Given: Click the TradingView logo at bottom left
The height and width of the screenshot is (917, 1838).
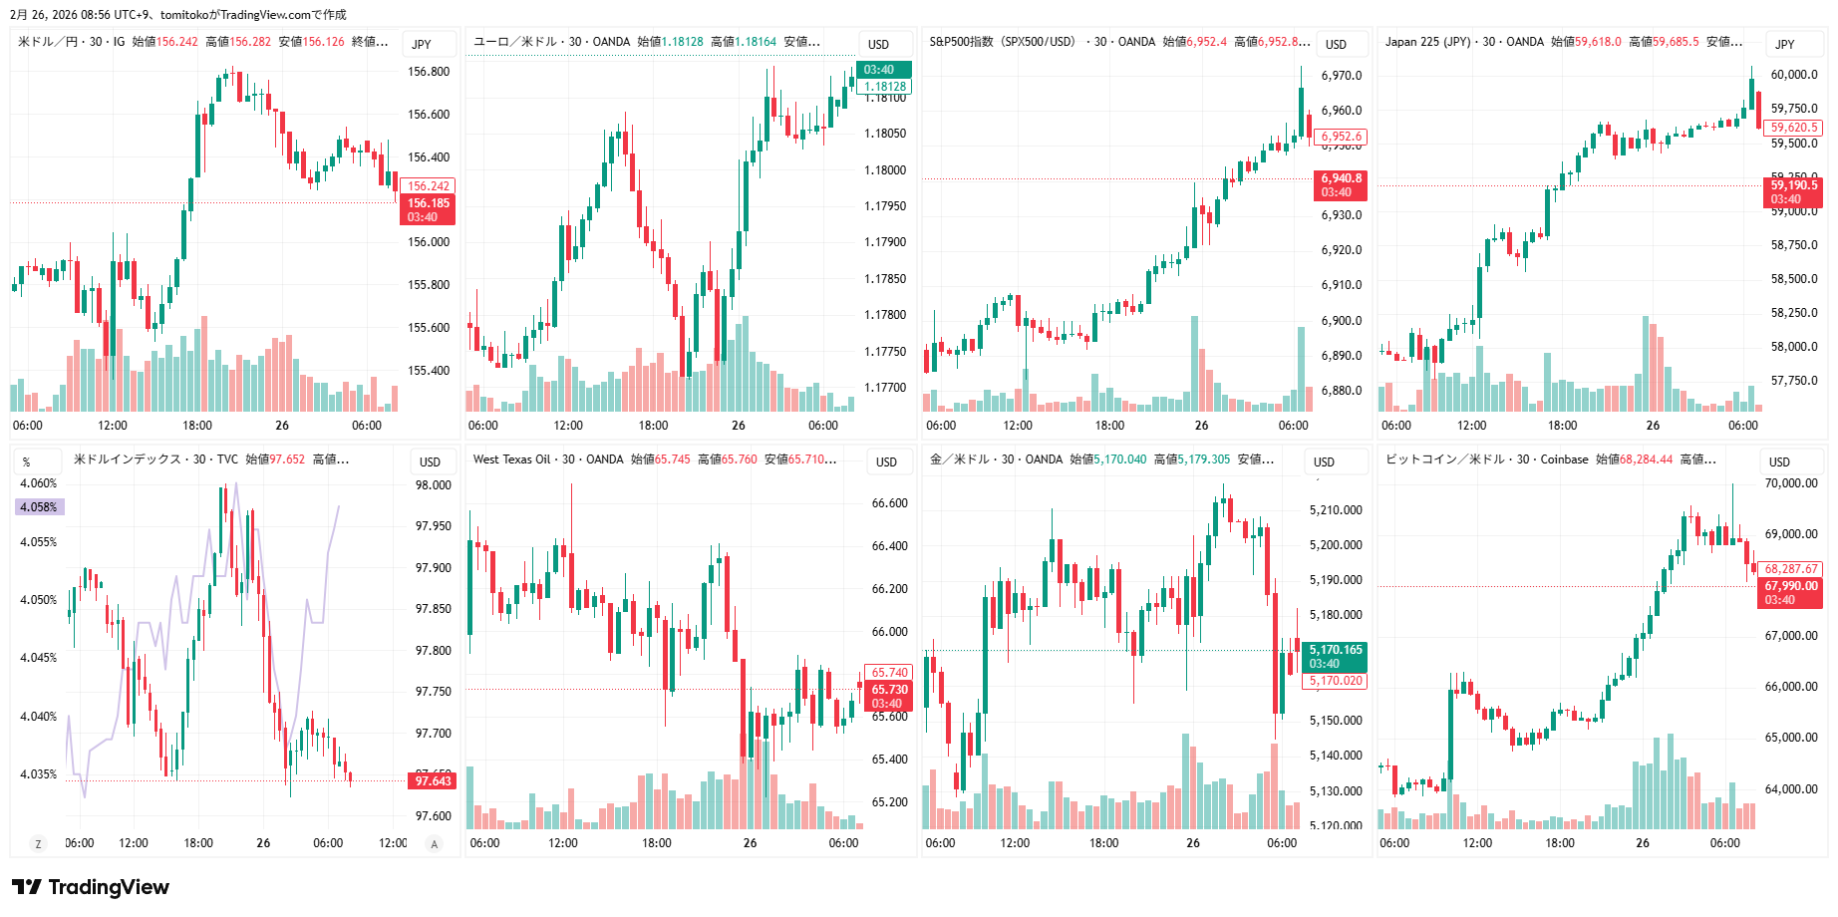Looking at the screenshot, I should coord(91,887).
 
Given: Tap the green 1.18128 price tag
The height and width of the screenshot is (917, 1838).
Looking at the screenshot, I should coord(885,87).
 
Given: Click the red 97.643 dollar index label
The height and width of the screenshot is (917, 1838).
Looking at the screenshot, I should coord(434,780).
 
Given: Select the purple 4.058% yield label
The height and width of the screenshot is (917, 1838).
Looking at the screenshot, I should coord(39,507).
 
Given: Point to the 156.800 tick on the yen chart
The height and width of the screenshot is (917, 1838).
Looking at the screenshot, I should coord(429,72).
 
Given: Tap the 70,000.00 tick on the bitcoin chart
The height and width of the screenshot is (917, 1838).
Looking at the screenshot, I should coord(1791,483).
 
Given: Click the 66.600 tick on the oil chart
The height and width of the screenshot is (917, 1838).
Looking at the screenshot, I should coord(889,503).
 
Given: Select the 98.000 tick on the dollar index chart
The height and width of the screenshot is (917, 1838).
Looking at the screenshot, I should coord(434,485).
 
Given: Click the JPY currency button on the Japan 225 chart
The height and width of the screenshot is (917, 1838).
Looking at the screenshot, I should coord(1784,44).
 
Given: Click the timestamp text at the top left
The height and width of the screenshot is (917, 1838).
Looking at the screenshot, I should coord(178,14).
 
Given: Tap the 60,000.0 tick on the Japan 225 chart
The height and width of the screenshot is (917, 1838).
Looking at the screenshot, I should coord(1793,75).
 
